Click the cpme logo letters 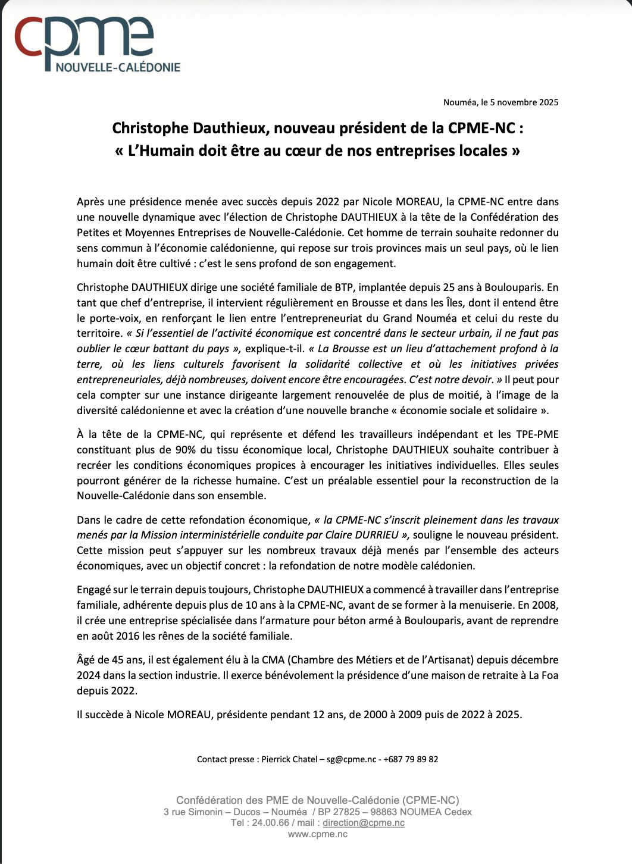(83, 39)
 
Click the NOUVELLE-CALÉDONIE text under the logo (118, 68)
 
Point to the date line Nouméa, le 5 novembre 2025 (500, 102)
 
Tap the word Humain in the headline (165, 151)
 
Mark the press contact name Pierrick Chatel (289, 759)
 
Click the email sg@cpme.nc (352, 759)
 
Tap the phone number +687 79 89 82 (411, 759)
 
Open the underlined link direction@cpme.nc (364, 823)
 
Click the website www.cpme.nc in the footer (318, 834)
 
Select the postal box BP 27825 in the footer (339, 812)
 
